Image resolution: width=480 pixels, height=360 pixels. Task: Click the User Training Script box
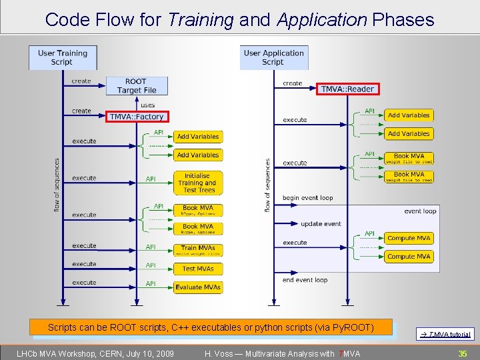[x=63, y=57]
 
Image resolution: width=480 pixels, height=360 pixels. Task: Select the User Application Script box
[x=273, y=57]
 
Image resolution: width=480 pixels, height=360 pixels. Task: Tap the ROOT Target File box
[x=137, y=86]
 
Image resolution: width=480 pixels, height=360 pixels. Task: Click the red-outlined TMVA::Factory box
[x=136, y=117]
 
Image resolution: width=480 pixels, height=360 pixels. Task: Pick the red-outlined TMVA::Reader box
[x=347, y=89]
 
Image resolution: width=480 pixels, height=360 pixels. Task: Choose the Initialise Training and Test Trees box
[x=197, y=183]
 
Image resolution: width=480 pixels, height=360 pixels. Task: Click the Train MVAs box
[x=197, y=250]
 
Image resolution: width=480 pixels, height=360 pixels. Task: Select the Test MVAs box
[x=197, y=269]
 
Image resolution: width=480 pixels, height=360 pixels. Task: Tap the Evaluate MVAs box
[x=197, y=287]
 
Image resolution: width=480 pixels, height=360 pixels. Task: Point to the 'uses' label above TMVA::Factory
[x=147, y=105]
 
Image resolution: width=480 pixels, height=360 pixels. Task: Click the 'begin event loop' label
[x=307, y=198]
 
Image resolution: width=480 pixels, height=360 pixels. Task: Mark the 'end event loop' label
[x=305, y=280]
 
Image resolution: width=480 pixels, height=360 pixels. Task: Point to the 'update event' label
[x=321, y=224]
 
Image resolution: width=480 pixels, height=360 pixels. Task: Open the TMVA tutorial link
[x=446, y=335]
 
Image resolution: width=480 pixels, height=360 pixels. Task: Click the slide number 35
[x=462, y=353]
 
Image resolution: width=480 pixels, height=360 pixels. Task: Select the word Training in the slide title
[x=201, y=20]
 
